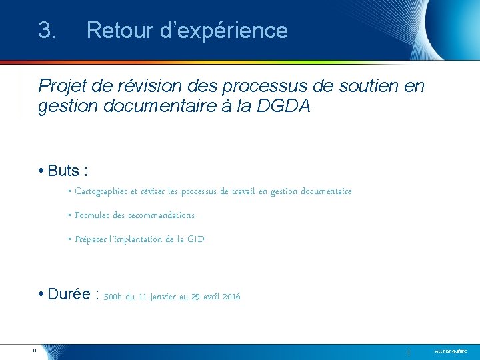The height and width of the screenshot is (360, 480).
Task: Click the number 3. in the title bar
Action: pyautogui.click(x=47, y=31)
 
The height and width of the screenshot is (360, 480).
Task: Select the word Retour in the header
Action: pyautogui.click(x=119, y=31)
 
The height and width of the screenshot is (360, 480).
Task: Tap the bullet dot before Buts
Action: pyautogui.click(x=41, y=171)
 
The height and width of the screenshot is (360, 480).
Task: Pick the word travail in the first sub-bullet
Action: pyautogui.click(x=241, y=192)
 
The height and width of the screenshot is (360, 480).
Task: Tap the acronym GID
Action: pyautogui.click(x=196, y=239)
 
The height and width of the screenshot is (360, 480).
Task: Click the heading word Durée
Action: pyautogui.click(x=69, y=295)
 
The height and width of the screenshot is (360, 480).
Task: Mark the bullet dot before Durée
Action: pyautogui.click(x=41, y=295)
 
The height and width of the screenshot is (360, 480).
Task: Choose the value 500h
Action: pyautogui.click(x=113, y=297)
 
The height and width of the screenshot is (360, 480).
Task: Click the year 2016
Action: pyautogui.click(x=231, y=297)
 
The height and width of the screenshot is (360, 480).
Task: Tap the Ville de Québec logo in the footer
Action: pyautogui.click(x=451, y=351)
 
